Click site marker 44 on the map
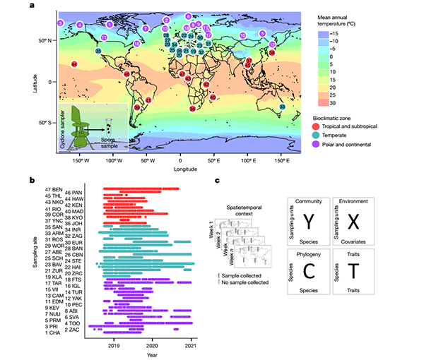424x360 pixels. tap(73, 64)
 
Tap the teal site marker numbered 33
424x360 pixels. tap(283, 107)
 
